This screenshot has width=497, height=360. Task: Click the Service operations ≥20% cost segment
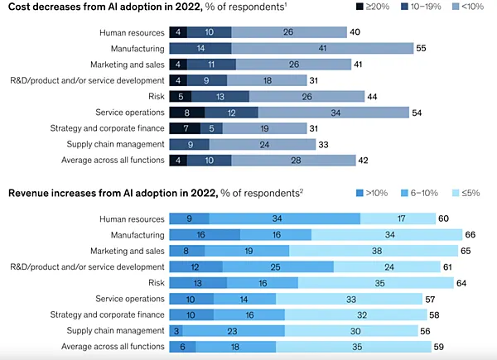186,112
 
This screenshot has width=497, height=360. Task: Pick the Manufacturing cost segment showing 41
321,49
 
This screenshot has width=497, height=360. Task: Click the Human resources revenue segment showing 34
285,218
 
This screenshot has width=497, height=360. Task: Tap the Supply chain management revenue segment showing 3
174,330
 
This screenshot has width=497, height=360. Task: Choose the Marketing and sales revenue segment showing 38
374,250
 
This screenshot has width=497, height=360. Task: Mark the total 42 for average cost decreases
363,159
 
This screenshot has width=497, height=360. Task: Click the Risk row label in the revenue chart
152,282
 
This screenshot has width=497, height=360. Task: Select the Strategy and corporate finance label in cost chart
107,127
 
